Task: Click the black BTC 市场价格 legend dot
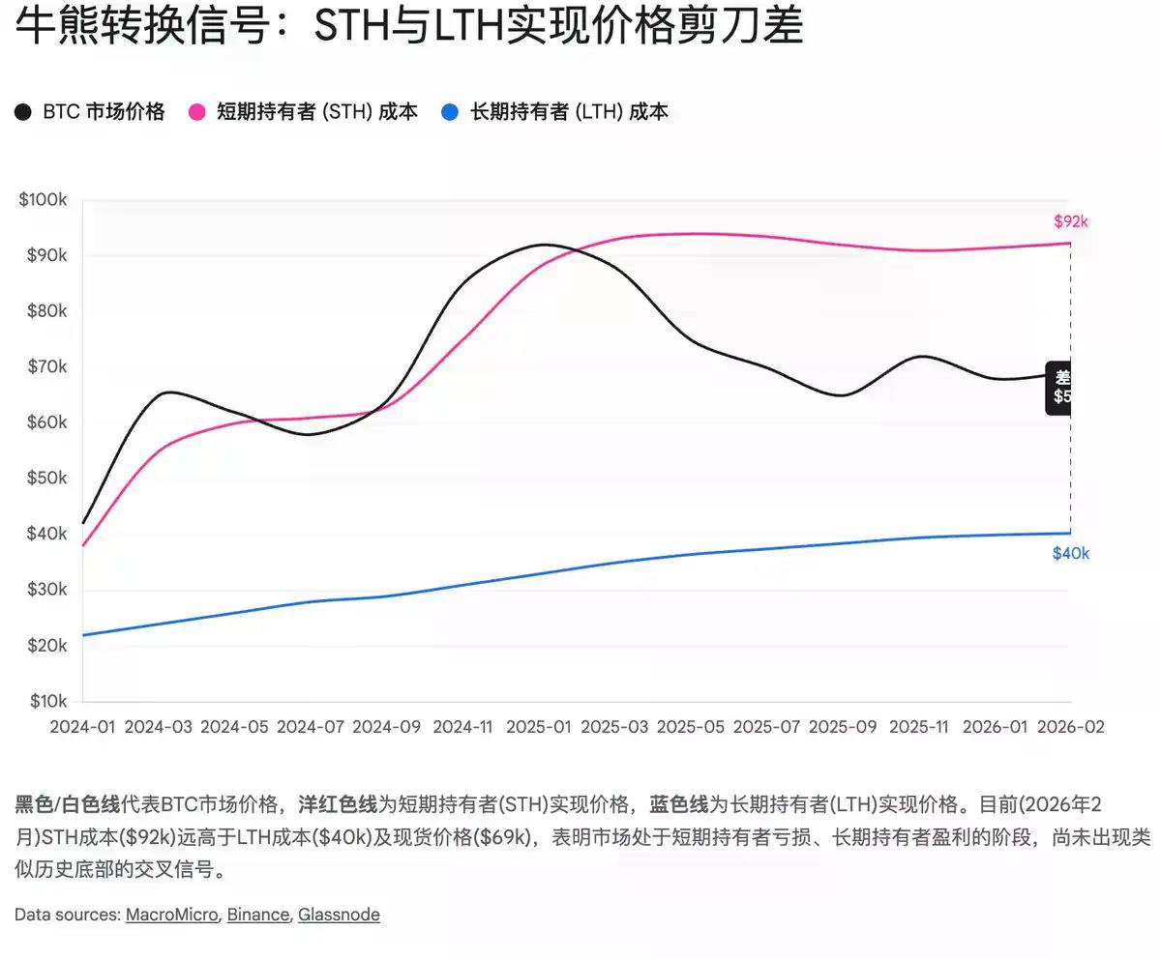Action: (x=23, y=112)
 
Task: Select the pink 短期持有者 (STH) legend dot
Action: (x=197, y=112)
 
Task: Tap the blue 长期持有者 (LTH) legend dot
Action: (x=450, y=112)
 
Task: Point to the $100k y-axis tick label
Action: (x=43, y=200)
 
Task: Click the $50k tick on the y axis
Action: (x=43, y=479)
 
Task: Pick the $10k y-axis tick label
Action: (x=43, y=701)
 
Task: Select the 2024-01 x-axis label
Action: (x=83, y=727)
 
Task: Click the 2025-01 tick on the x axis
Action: (x=539, y=727)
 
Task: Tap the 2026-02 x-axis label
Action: (x=1070, y=727)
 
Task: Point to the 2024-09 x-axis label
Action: (x=387, y=727)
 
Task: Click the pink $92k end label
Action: (x=1071, y=221)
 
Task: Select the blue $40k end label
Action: (x=1071, y=554)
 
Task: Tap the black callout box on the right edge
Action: (x=1059, y=387)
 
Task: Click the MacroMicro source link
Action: (x=171, y=915)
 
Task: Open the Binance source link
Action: (x=257, y=915)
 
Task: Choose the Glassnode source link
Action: (x=339, y=915)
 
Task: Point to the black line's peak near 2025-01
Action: (x=544, y=245)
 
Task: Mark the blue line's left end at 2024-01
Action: (x=84, y=635)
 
